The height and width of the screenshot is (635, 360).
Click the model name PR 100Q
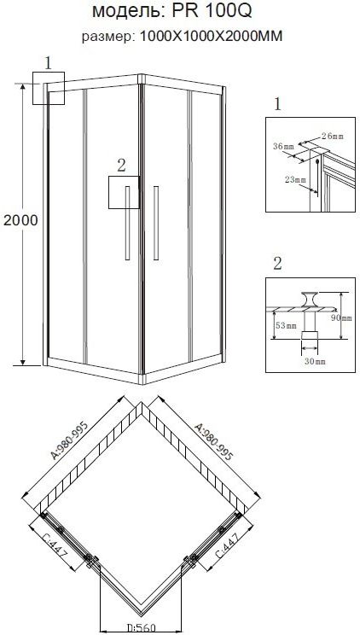[x=212, y=11]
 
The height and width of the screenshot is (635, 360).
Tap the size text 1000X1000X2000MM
[x=211, y=37]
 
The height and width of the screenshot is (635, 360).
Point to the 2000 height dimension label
[x=20, y=220]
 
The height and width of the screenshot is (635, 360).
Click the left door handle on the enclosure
[x=128, y=222]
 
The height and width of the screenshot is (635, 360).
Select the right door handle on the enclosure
[x=156, y=222]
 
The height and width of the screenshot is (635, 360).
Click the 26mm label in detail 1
[x=332, y=136]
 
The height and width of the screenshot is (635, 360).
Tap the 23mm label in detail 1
[x=295, y=180]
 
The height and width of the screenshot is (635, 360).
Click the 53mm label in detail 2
[x=285, y=325]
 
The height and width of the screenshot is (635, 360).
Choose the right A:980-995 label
[x=213, y=442]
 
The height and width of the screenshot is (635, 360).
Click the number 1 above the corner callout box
[x=49, y=63]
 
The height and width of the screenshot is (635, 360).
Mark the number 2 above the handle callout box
[x=121, y=166]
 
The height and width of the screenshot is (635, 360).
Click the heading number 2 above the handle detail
[x=277, y=263]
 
